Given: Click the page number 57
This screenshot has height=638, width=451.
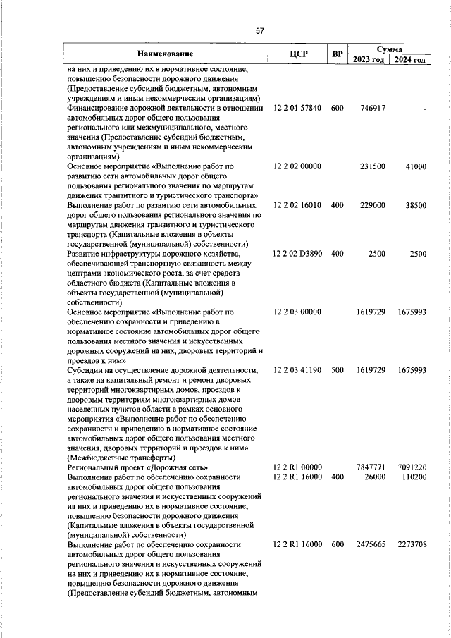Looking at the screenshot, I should (x=260, y=31).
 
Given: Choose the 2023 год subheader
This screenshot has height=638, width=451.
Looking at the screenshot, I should (x=369, y=60).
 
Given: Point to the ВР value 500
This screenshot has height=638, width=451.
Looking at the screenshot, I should (x=337, y=369).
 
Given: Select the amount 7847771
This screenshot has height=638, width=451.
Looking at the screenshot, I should (x=371, y=467).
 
